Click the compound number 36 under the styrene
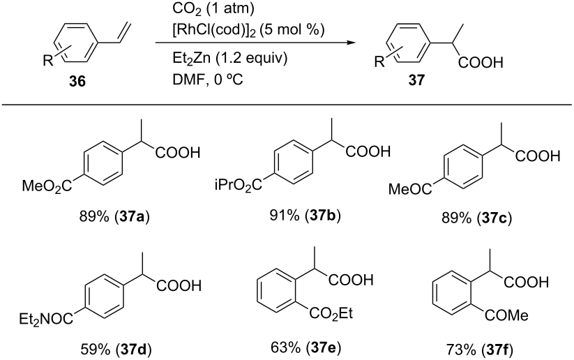[77, 81]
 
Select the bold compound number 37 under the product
[416, 80]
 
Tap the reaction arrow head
[352, 43]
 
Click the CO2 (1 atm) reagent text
[213, 9]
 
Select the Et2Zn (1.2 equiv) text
[230, 58]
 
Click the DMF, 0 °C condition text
[208, 79]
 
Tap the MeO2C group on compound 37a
[47, 186]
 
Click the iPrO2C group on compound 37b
[239, 185]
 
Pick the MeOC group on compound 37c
[410, 189]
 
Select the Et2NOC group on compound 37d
[46, 320]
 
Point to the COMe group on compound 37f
[507, 315]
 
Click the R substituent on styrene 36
[48, 61]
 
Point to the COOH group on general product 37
[481, 63]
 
